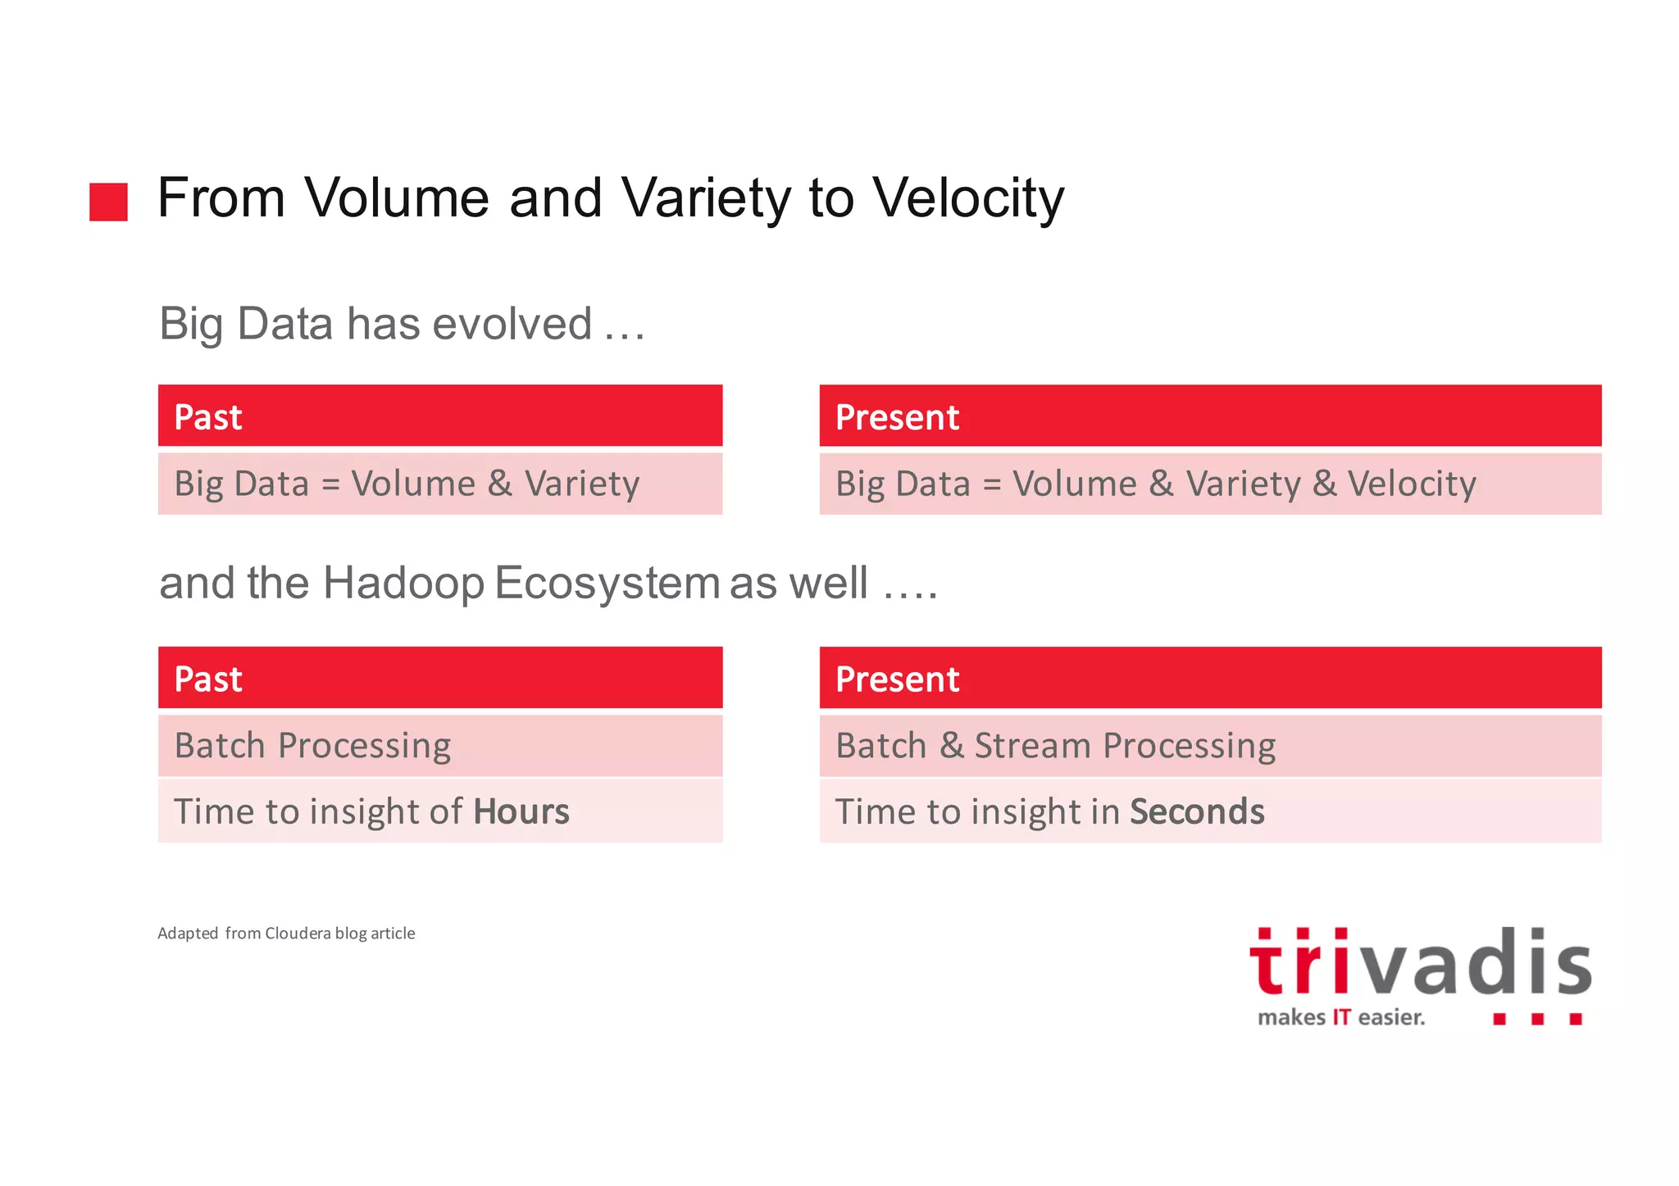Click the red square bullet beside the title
tap(108, 202)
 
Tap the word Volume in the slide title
tap(396, 198)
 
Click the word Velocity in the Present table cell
tap(1412, 484)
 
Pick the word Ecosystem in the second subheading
tap(607, 583)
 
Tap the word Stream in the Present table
tap(1032, 746)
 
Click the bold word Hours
tap(521, 811)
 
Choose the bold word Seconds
tap(1197, 811)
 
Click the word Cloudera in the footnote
tap(298, 933)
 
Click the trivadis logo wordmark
tap(1420, 964)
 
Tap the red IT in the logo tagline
tap(1341, 1017)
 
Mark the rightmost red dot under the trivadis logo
tap(1575, 1019)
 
